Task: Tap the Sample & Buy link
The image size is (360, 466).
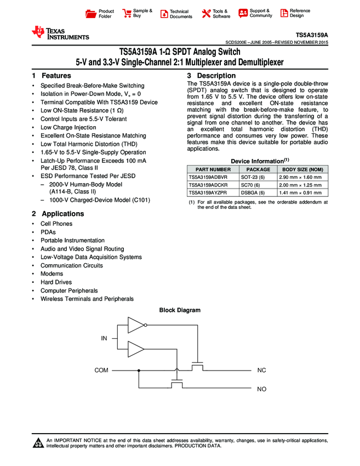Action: tap(138, 13)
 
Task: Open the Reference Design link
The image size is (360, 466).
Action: tap(295, 13)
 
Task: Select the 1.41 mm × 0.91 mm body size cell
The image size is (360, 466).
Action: tap(300, 193)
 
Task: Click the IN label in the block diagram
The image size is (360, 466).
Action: tap(104, 338)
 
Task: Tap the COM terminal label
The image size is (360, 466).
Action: tap(101, 371)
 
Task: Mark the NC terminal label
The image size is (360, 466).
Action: tap(261, 371)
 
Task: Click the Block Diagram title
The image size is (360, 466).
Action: tap(180, 310)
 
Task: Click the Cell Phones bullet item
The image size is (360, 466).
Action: tap(56, 224)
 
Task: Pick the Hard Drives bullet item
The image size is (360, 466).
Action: tap(56, 282)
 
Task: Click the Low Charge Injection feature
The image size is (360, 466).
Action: tap(68, 127)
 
